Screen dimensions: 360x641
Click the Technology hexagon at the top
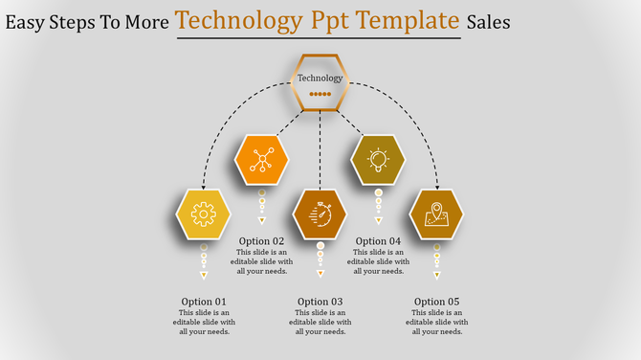click(320, 82)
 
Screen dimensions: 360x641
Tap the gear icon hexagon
click(204, 213)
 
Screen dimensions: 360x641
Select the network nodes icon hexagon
click(261, 160)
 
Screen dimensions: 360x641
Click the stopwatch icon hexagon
click(320, 214)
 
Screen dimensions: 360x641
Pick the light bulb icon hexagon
click(378, 159)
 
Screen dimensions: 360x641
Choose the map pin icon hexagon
click(436, 213)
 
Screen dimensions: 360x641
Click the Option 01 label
click(204, 302)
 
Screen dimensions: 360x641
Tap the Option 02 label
click(261, 241)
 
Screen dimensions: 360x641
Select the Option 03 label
click(320, 302)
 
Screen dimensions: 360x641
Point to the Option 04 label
click(378, 241)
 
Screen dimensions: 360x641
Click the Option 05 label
click(436, 302)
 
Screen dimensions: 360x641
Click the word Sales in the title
click(489, 21)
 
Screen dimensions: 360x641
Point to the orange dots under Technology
click(320, 95)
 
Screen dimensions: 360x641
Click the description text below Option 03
click(320, 322)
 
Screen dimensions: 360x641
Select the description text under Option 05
click(436, 322)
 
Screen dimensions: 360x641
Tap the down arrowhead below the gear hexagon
click(204, 276)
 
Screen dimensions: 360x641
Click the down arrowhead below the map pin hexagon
click(436, 276)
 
